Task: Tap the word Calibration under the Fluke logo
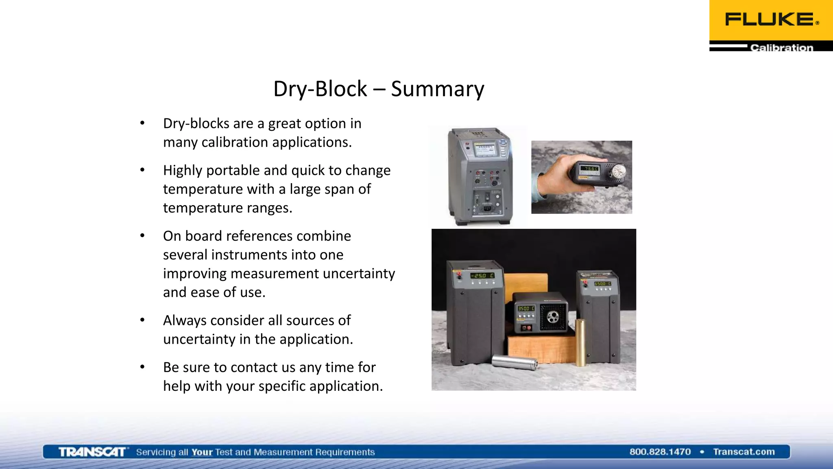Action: pyautogui.click(x=781, y=48)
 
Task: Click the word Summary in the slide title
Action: pyautogui.click(x=438, y=89)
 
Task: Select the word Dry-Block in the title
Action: pyautogui.click(x=320, y=89)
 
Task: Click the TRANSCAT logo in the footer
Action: pyautogui.click(x=92, y=452)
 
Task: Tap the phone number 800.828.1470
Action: pyautogui.click(x=660, y=452)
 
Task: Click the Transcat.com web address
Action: pyautogui.click(x=744, y=452)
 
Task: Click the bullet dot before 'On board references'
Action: pyautogui.click(x=142, y=236)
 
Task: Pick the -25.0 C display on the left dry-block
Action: pyautogui.click(x=482, y=276)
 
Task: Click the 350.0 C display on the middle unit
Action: pyautogui.click(x=526, y=309)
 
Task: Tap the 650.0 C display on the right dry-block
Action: pyautogui.click(x=602, y=284)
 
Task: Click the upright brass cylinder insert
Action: pyautogui.click(x=580, y=342)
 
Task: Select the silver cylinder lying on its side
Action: pyautogui.click(x=515, y=362)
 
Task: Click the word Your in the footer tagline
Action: pyautogui.click(x=202, y=452)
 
